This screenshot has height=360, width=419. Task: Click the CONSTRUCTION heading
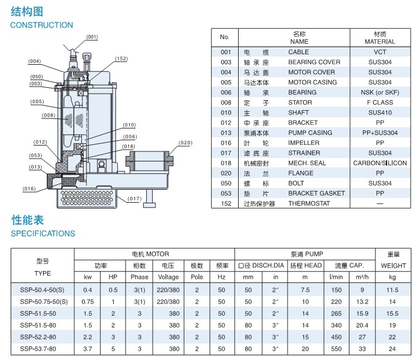click(41, 25)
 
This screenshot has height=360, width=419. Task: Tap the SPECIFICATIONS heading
click(43, 233)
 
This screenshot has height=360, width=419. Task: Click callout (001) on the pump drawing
click(92, 37)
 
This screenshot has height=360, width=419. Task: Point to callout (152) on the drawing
click(121, 59)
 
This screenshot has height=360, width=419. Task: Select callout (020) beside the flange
click(185, 143)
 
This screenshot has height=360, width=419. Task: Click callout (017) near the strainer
click(134, 199)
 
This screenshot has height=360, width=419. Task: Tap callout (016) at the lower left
click(29, 189)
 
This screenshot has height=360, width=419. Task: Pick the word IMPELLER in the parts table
click(303, 143)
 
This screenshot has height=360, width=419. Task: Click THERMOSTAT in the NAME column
click(309, 203)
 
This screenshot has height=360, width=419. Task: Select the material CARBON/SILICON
click(380, 163)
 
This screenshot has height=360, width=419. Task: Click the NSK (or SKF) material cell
click(380, 93)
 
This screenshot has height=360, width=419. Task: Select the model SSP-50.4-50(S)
click(43, 290)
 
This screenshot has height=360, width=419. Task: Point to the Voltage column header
click(169, 277)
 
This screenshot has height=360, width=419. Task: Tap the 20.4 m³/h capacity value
click(362, 325)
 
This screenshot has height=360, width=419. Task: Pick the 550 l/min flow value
click(336, 349)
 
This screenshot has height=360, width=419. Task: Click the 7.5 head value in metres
click(305, 290)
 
